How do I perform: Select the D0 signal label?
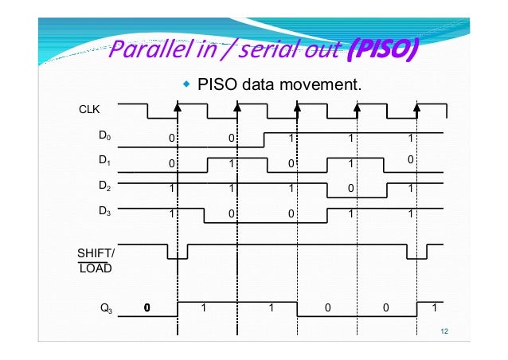click(x=105, y=136)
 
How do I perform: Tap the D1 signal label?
click(x=105, y=161)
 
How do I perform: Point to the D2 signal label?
click(x=105, y=186)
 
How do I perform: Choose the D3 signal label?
click(x=105, y=211)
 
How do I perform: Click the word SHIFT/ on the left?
click(x=96, y=252)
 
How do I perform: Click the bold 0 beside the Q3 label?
click(x=147, y=307)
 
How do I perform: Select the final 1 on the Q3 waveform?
click(x=433, y=307)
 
